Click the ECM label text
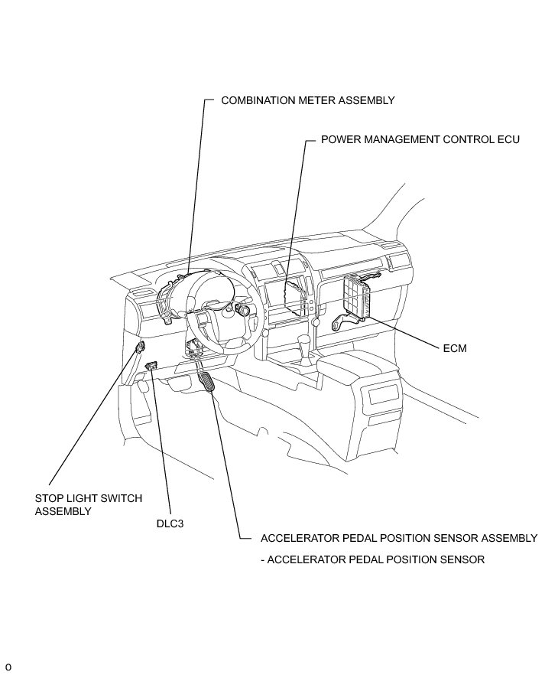[x=454, y=348]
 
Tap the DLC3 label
[x=169, y=524]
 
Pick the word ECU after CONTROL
[x=508, y=140]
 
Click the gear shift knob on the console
[x=305, y=341]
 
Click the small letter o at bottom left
[x=8, y=666]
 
